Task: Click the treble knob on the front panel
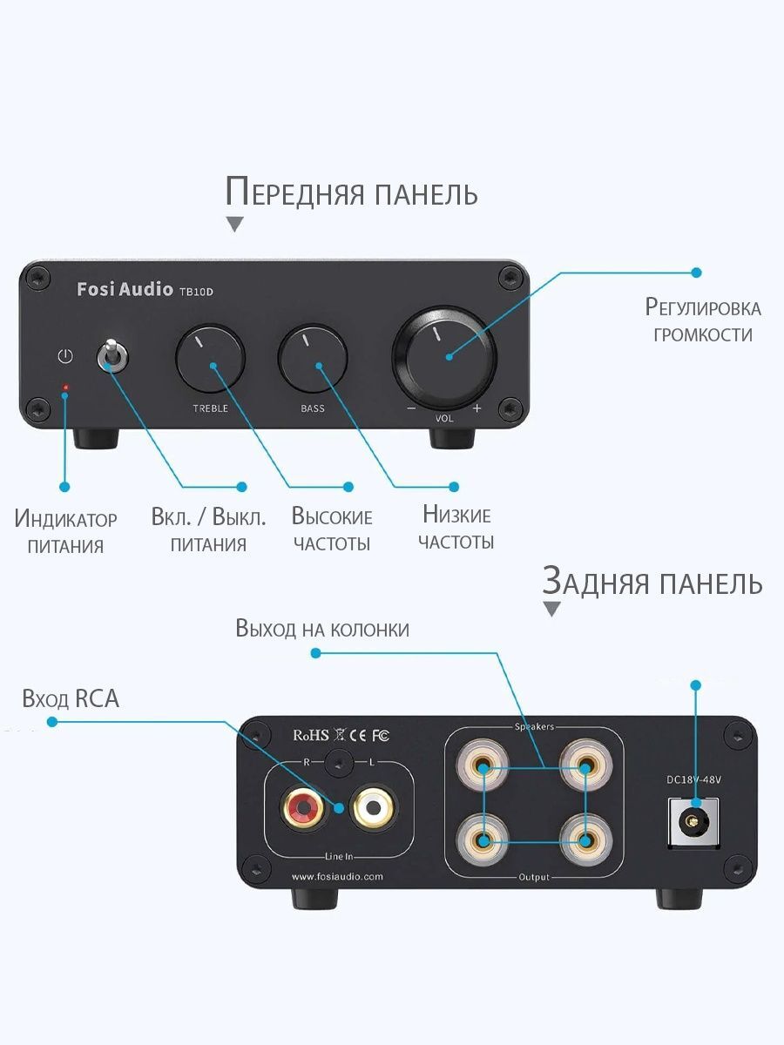(x=211, y=359)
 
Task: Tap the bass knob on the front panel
(x=313, y=359)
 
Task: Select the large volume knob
(x=444, y=357)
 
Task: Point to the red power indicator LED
(x=65, y=388)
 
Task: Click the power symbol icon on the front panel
(x=65, y=356)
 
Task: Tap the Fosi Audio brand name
(x=125, y=289)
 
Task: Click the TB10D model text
(x=196, y=292)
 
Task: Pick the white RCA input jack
(x=373, y=807)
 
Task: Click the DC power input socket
(x=693, y=821)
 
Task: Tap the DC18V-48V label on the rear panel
(x=693, y=779)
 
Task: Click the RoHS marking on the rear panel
(x=311, y=735)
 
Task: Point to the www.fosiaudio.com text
(x=337, y=876)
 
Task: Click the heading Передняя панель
(x=351, y=192)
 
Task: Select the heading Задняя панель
(x=652, y=580)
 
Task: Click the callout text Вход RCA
(x=71, y=699)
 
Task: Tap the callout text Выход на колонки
(x=322, y=629)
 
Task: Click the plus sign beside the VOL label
(x=477, y=408)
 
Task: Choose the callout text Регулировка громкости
(x=703, y=320)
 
